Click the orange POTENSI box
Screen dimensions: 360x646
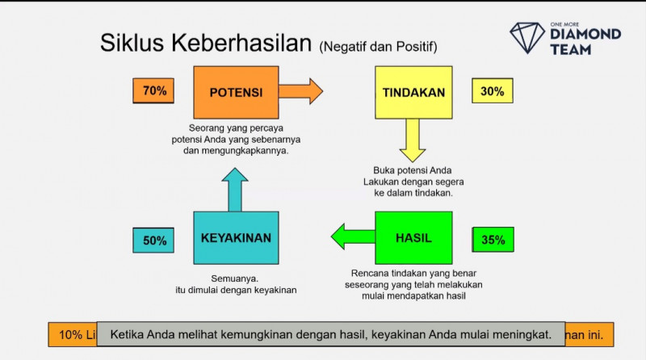point(236,92)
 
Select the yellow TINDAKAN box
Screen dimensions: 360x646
point(413,92)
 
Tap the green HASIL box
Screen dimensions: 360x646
point(413,238)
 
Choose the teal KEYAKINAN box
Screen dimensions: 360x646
point(236,238)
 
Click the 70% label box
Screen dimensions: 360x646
point(153,91)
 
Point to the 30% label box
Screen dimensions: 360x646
point(492,91)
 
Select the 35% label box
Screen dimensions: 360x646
point(493,240)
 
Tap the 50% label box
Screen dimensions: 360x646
point(154,240)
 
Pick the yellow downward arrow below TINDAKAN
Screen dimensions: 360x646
point(413,140)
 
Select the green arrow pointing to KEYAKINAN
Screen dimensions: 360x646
point(353,236)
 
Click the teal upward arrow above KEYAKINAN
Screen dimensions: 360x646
point(236,190)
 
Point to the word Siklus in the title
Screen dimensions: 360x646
point(127,44)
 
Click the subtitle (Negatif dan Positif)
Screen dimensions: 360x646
point(384,46)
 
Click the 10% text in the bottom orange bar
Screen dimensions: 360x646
point(70,334)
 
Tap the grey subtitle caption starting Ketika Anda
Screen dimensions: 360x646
point(330,333)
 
